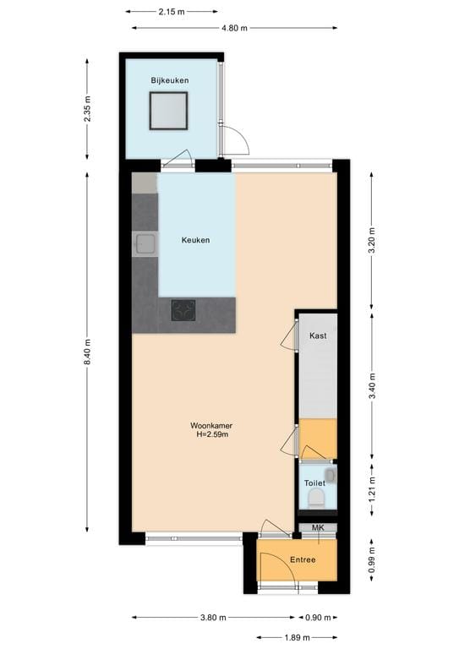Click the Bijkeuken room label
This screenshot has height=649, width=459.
[x=169, y=80]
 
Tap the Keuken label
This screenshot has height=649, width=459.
[x=195, y=240]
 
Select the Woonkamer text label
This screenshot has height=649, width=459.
[x=210, y=425]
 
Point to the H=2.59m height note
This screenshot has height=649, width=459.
[x=210, y=435]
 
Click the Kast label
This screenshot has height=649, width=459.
[x=318, y=335]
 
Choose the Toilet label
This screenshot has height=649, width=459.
[x=314, y=483]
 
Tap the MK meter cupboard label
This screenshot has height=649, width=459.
[x=318, y=528]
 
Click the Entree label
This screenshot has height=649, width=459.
[x=303, y=559]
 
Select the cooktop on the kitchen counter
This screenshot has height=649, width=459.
[x=183, y=310]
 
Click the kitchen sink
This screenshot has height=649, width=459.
[x=145, y=244]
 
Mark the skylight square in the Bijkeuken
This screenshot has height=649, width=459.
[x=168, y=111]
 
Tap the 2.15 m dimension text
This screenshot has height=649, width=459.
[x=167, y=12]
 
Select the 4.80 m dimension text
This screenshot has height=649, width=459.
[x=234, y=28]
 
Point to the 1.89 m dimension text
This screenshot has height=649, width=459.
[x=296, y=638]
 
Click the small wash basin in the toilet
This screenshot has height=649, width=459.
[x=329, y=476]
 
